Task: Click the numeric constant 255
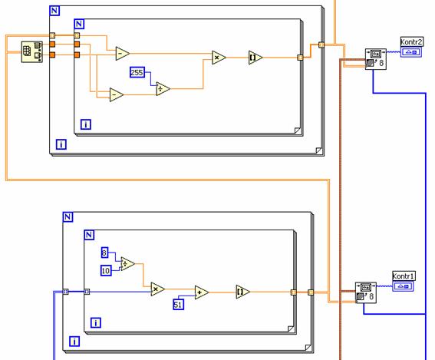pyautogui.click(x=137, y=72)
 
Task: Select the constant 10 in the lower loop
pyautogui.click(x=106, y=270)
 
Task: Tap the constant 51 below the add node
pyautogui.click(x=178, y=305)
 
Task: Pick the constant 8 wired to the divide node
pyautogui.click(x=104, y=253)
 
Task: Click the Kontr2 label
pyautogui.click(x=412, y=42)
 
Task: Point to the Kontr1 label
pyautogui.click(x=404, y=276)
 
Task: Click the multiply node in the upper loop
pyautogui.click(x=219, y=58)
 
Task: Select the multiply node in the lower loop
pyautogui.click(x=157, y=289)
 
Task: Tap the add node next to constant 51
pyautogui.click(x=202, y=292)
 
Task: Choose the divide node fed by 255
pyautogui.click(x=163, y=89)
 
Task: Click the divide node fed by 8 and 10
pyautogui.click(x=127, y=264)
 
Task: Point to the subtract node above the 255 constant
pyautogui.click(x=122, y=53)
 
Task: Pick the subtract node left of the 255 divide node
pyautogui.click(x=117, y=94)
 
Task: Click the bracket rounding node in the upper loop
pyautogui.click(x=255, y=58)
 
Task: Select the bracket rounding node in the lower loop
pyautogui.click(x=243, y=292)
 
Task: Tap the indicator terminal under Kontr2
pyautogui.click(x=411, y=52)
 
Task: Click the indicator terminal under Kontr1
pyautogui.click(x=403, y=286)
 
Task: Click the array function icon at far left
pyautogui.click(x=32, y=52)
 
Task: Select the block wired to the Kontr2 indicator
pyautogui.click(x=376, y=59)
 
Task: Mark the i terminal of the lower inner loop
pyautogui.click(x=96, y=322)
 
